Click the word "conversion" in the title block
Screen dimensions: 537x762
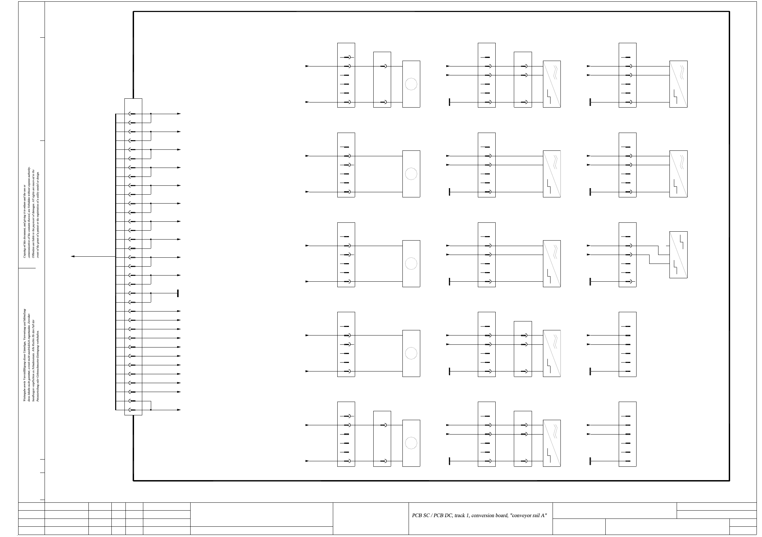482,515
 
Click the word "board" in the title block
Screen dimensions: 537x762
500,515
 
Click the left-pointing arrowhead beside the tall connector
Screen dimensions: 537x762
73,256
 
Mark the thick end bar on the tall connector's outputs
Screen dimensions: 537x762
178,293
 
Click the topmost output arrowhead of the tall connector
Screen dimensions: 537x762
179,114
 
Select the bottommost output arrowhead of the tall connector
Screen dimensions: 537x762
179,410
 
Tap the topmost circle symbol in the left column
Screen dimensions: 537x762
411,84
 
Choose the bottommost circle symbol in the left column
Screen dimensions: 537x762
411,443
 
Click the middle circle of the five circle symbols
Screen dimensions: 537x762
411,264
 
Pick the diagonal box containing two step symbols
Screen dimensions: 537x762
678,255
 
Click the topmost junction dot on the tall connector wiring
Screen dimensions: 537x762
151,114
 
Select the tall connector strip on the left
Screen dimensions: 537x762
133,257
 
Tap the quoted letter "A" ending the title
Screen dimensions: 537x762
543,515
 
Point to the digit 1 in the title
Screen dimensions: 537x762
469,515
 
